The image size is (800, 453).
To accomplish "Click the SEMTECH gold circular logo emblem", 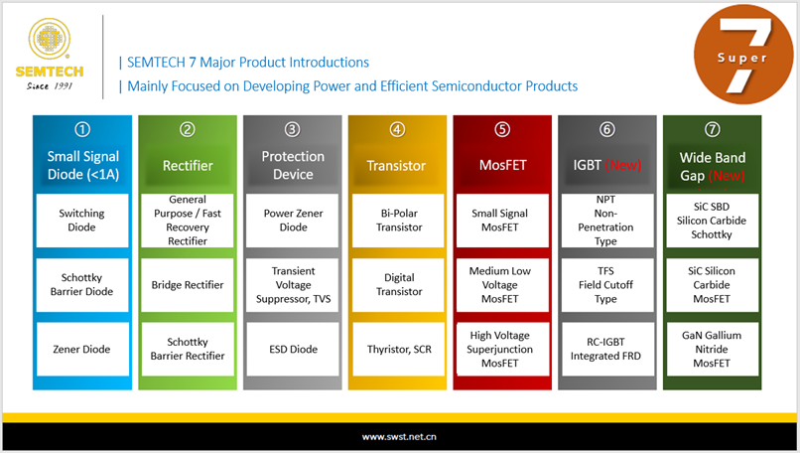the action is click(x=49, y=39).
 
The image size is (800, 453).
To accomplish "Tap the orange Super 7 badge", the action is click(x=743, y=54).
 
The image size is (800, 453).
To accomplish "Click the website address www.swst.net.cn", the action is click(x=399, y=437).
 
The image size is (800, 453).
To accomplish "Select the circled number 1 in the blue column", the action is click(x=82, y=129).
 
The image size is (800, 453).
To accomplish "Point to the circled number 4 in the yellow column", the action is click(x=397, y=129).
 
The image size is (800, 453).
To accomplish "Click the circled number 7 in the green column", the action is click(x=713, y=129).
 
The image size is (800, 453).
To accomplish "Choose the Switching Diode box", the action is click(x=82, y=221).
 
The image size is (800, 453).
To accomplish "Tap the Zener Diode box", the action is click(x=82, y=350).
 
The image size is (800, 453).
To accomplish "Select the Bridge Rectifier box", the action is click(x=188, y=285).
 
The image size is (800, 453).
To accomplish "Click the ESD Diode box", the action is click(x=293, y=350).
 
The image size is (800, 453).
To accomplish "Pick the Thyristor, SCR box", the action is click(x=398, y=350).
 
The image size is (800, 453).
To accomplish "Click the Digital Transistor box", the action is click(x=398, y=285).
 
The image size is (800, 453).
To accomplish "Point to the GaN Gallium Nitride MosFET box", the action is click(x=713, y=350).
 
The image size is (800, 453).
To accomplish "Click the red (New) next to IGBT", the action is click(x=623, y=165).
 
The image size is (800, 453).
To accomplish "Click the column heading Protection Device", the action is click(x=293, y=165).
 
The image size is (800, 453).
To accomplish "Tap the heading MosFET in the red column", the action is click(x=502, y=165).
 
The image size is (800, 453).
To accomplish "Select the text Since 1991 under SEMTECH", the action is click(x=50, y=85).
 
